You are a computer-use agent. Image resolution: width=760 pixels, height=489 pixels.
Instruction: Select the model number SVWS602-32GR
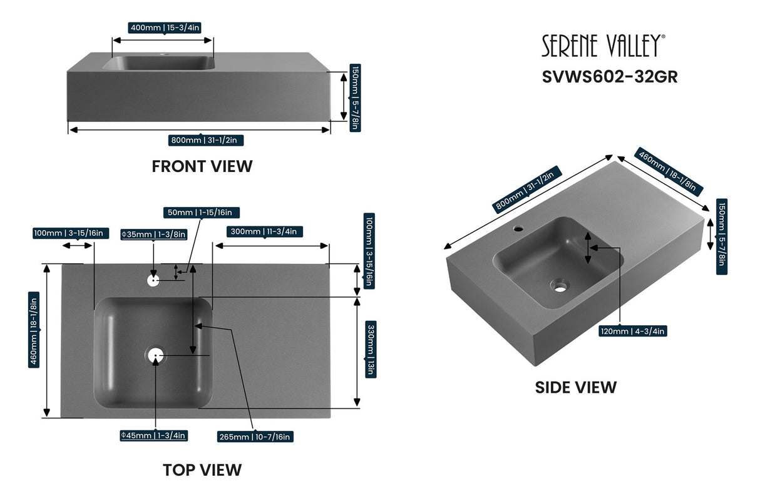tap(609, 76)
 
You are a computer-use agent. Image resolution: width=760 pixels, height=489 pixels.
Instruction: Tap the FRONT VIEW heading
tap(202, 166)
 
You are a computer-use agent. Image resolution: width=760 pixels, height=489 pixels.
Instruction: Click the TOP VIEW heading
tap(202, 470)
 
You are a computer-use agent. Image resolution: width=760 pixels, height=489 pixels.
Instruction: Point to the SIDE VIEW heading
tap(575, 388)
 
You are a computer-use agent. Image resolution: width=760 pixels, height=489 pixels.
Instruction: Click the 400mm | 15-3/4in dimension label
tap(164, 28)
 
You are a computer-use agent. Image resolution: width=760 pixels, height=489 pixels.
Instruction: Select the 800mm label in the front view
tap(206, 140)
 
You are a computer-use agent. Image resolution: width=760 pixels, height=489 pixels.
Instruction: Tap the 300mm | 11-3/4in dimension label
tap(264, 231)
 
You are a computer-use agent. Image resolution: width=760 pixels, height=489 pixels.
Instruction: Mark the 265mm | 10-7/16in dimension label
tap(255, 436)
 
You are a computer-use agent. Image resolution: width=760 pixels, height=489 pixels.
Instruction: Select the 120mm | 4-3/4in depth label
tap(632, 331)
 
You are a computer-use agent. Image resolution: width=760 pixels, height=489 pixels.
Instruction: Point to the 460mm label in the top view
tap(34, 341)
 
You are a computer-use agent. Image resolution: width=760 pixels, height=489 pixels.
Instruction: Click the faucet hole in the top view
tap(153, 280)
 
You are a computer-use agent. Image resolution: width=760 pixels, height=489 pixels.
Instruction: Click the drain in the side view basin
tap(559, 286)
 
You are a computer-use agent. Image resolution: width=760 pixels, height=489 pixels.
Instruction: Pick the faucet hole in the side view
tap(518, 228)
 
